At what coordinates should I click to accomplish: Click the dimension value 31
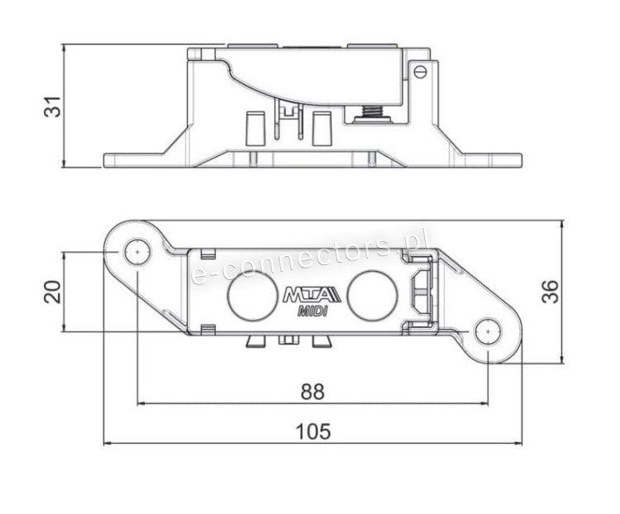(x=52, y=107)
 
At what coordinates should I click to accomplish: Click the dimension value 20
(x=52, y=292)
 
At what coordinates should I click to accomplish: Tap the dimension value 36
(x=550, y=292)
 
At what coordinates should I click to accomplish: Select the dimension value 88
(x=312, y=392)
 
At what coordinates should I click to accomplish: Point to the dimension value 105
(x=312, y=431)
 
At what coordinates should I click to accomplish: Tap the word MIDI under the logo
(x=312, y=312)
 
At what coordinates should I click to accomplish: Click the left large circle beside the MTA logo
(x=253, y=295)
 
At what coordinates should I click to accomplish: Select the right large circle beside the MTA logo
(x=372, y=295)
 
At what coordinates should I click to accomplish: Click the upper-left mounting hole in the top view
(x=137, y=251)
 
